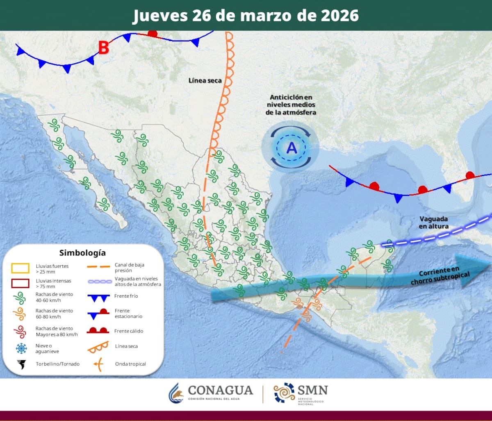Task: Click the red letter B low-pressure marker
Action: pyautogui.click(x=103, y=48)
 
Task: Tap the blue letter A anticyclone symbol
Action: pyautogui.click(x=292, y=148)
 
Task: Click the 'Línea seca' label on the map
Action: pyautogui.click(x=205, y=81)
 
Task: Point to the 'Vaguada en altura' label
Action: pyautogui.click(x=433, y=223)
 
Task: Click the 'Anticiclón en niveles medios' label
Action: pyautogui.click(x=291, y=105)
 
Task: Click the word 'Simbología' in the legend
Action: pyautogui.click(x=82, y=253)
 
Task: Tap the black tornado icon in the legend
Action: pyautogui.click(x=20, y=364)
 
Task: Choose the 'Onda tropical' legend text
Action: pyautogui.click(x=130, y=364)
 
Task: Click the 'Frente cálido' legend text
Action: pyautogui.click(x=129, y=331)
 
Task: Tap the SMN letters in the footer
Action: pyautogui.click(x=313, y=389)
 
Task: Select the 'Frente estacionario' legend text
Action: pyautogui.click(x=128, y=314)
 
